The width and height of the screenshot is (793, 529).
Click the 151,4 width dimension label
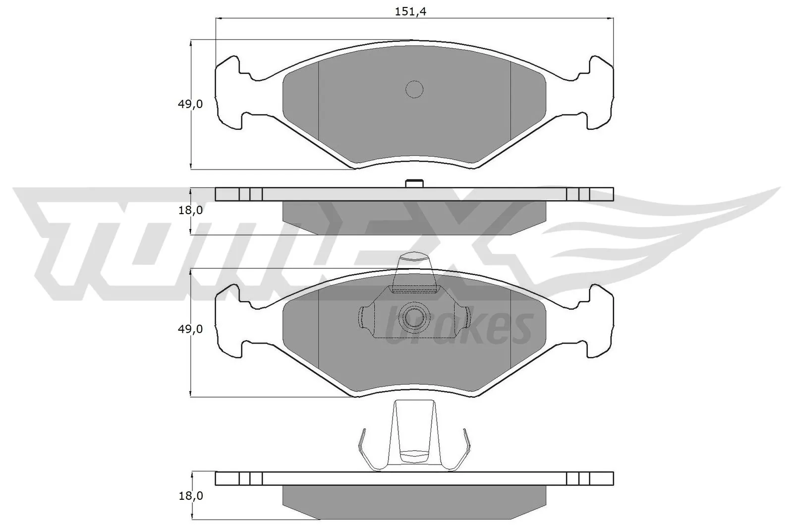pos(410,12)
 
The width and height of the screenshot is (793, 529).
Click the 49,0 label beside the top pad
pos(190,104)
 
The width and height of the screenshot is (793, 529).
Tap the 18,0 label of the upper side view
pos(190,210)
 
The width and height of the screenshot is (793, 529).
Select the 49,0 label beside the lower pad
pos(190,329)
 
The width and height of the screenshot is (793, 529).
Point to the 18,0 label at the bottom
pos(190,495)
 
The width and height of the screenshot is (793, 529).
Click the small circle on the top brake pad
pos(414,89)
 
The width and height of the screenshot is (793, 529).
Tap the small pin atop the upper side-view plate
pos(414,183)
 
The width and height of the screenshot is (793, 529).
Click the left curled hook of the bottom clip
pos(364,449)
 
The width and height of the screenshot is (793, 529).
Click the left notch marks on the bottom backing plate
pos(250,478)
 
